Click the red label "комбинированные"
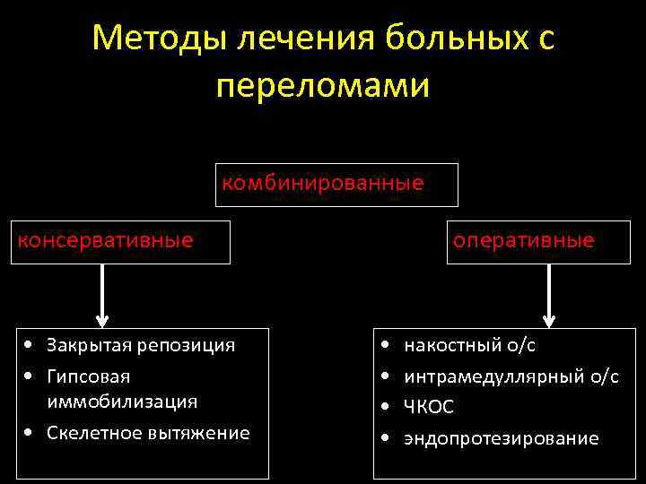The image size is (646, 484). click(323, 184)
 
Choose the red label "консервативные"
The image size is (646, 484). click(106, 240)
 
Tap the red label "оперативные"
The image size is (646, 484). click(523, 240)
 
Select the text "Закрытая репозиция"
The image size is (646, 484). click(141, 345)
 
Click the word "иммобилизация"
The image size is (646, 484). click(122, 401)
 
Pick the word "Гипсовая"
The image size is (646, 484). click(88, 377)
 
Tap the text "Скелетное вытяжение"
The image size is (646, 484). click(148, 433)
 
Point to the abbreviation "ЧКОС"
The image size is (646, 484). click(429, 407)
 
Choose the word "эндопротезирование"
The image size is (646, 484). click(501, 438)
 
